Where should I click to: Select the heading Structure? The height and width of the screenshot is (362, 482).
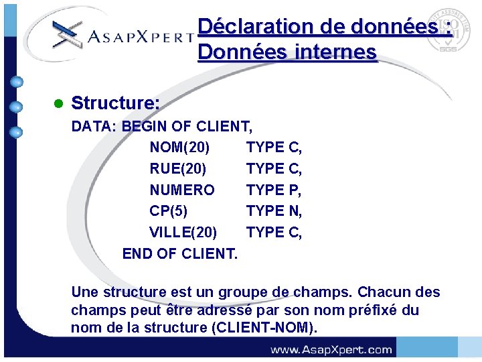pyautogui.click(x=115, y=103)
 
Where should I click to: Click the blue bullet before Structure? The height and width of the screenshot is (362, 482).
pyautogui.click(x=58, y=104)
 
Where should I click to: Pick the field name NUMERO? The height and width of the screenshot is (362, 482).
pyautogui.click(x=182, y=190)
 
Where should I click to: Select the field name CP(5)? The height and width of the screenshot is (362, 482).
pyautogui.click(x=168, y=210)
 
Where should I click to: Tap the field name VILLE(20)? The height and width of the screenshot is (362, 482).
pyautogui.click(x=183, y=232)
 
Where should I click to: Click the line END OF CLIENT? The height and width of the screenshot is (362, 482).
pyautogui.click(x=179, y=253)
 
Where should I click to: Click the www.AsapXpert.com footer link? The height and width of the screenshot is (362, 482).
pyautogui.click(x=331, y=349)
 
